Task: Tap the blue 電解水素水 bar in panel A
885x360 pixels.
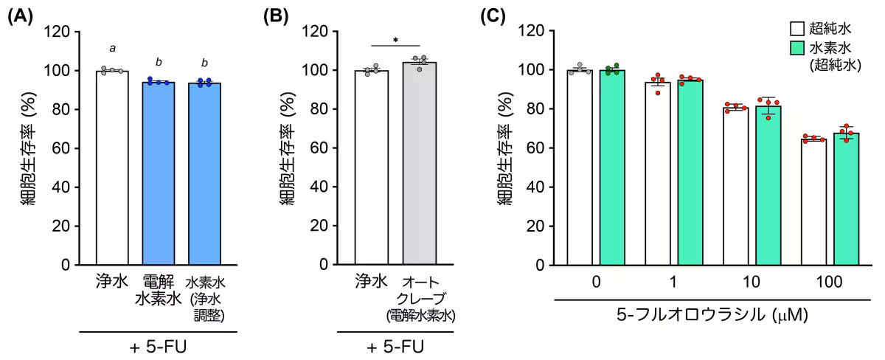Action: (159, 173)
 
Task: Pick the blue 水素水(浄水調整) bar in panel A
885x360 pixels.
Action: (204, 173)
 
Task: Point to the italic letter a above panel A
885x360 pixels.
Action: (113, 49)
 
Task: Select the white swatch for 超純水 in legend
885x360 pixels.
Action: (796, 30)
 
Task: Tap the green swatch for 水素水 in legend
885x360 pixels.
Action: (796, 48)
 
